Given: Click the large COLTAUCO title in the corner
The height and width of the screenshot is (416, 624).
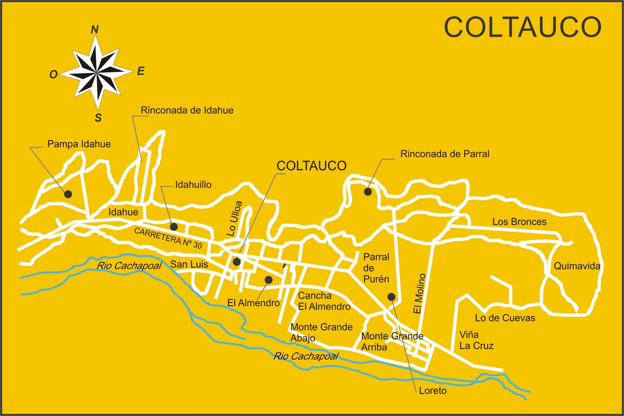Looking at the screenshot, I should [x=523, y=27].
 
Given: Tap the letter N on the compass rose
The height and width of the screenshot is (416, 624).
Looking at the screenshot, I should [x=95, y=30].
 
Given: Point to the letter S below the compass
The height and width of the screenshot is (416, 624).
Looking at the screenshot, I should [x=98, y=118].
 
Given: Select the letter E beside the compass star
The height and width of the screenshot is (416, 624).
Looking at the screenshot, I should [x=141, y=71].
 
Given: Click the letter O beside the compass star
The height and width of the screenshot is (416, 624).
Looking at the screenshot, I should [x=53, y=74].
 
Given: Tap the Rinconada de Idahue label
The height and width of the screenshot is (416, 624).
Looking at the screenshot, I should [x=187, y=110].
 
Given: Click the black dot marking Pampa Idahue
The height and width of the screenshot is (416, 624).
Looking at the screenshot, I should [x=68, y=194].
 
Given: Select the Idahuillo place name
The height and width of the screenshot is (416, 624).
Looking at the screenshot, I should [x=193, y=185].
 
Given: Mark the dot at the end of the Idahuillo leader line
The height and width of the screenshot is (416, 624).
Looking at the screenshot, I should [x=174, y=226].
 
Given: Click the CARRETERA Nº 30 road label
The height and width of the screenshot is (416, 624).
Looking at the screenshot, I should [x=168, y=238].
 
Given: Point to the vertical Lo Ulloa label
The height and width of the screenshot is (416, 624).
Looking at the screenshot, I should [x=234, y=219].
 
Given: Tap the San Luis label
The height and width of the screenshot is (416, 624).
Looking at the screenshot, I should [x=189, y=264].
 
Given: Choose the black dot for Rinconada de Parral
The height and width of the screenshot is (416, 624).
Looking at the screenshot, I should [x=368, y=192].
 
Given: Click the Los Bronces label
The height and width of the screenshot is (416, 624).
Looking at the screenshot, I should [x=519, y=222].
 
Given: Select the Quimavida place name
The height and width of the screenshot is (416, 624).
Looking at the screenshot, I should [x=577, y=266].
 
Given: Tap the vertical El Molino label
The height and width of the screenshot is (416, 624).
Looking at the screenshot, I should [x=419, y=293].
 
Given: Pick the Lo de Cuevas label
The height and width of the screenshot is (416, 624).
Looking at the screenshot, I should [x=505, y=318].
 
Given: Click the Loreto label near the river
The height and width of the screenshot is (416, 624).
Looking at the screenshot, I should [x=433, y=391].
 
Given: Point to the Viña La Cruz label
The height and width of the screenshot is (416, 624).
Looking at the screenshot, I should [x=476, y=340].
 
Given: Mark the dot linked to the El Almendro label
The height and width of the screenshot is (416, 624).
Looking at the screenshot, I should [x=268, y=280].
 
